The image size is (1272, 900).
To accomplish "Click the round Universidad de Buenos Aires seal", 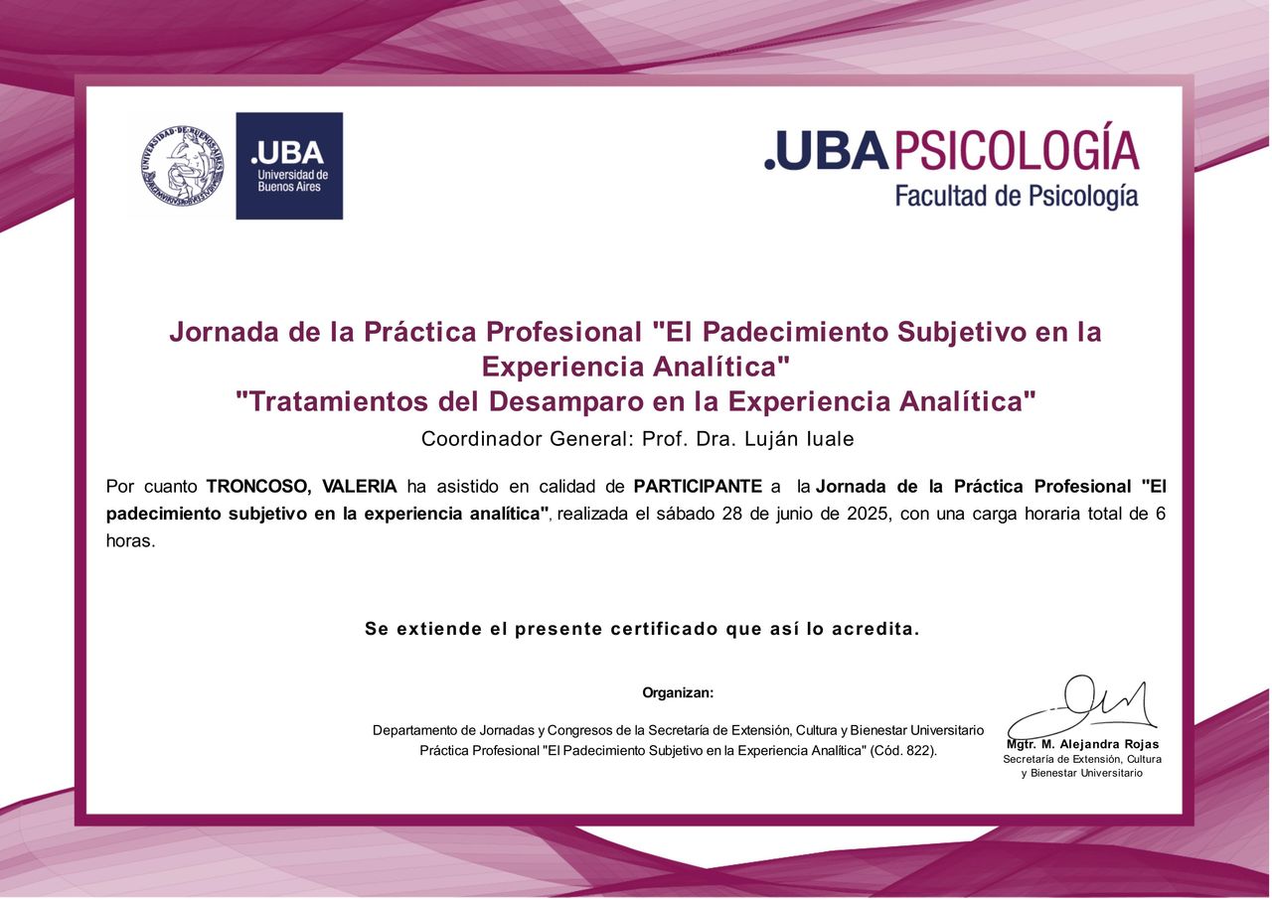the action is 182,166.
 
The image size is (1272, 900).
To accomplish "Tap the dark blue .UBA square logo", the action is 289,166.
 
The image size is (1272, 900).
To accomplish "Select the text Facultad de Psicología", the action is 1017,196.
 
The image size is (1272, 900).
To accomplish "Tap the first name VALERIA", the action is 360,487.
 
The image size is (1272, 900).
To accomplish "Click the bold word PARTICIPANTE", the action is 698,487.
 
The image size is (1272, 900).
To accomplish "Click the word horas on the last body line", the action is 130,540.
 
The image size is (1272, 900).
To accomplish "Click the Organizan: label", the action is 678,692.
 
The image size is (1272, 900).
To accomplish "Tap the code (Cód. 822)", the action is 903,750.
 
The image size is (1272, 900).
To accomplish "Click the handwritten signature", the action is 1082,708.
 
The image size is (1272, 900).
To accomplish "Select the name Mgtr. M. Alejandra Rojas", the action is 1083,744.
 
